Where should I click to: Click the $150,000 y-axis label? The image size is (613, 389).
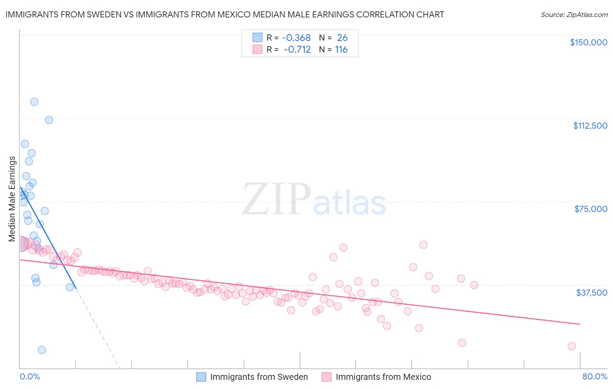[588, 42]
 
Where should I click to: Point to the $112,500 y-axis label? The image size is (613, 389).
[590, 126]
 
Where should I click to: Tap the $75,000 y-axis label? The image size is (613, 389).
[591, 209]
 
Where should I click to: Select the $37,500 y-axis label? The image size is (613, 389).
[592, 293]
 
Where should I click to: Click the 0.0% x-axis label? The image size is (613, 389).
[30, 376]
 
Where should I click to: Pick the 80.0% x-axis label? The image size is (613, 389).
[595, 376]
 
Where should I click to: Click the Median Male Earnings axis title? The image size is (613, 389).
[12, 199]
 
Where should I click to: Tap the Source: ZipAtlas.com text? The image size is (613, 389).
[574, 15]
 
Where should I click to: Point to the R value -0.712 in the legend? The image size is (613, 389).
[297, 50]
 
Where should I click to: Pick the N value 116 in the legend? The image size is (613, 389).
[341, 50]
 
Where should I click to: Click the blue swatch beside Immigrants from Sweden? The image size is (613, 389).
[201, 377]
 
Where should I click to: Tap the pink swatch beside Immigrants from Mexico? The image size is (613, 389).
[326, 377]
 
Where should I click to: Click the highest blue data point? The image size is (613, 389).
[34, 102]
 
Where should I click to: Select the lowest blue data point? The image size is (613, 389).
[42, 350]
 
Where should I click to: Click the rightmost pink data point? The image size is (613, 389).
[572, 346]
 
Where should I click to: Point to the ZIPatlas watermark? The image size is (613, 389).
[314, 199]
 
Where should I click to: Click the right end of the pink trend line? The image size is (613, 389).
[580, 324]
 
